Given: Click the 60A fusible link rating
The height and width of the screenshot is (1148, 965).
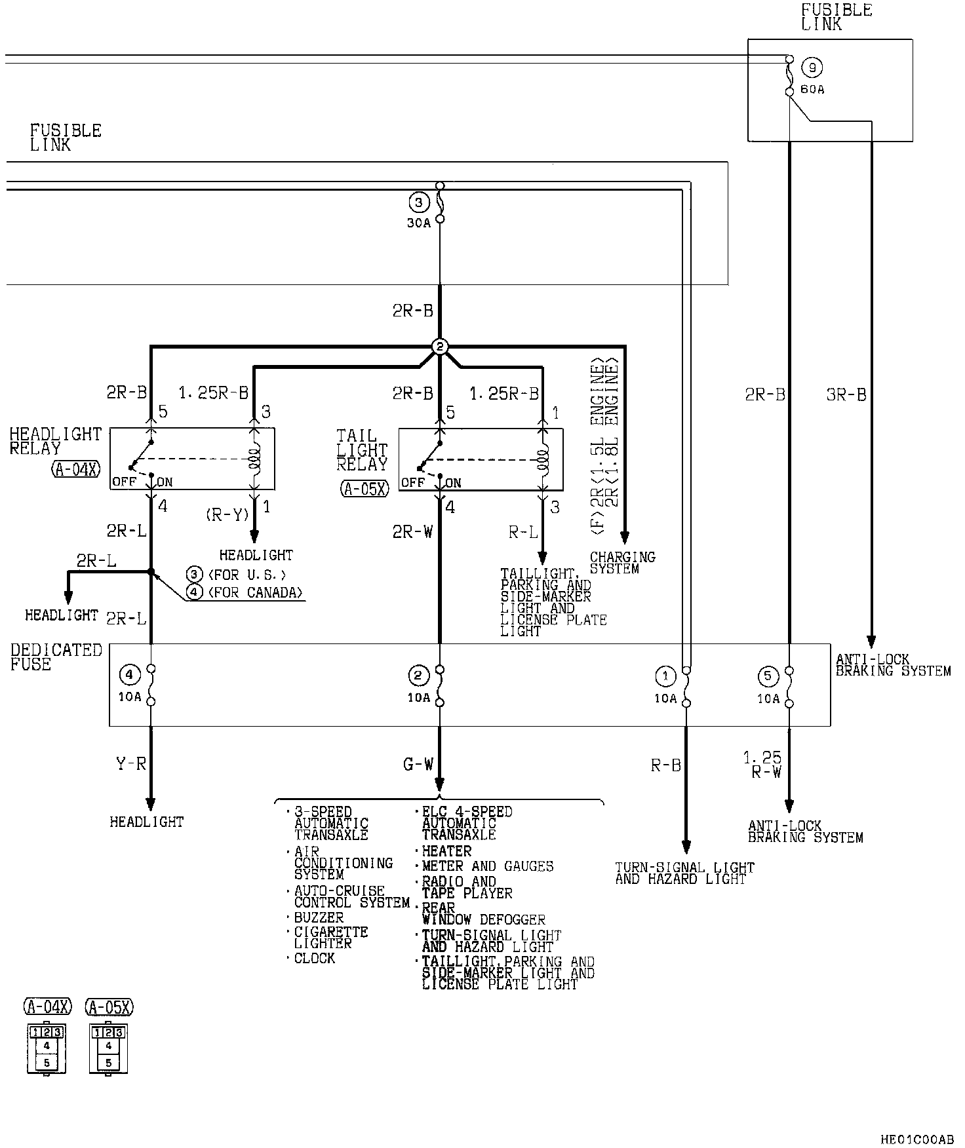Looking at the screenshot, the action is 813,89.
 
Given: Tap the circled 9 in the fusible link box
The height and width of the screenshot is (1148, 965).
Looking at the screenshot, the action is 813,67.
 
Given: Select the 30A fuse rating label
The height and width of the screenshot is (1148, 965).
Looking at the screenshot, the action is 418,223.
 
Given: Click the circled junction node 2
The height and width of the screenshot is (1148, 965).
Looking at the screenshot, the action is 440,347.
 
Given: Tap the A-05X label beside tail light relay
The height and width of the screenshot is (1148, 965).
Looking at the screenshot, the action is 365,488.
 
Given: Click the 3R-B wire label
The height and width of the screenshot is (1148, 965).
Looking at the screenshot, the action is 846,395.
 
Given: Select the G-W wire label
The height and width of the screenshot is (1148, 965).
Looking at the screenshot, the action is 418,764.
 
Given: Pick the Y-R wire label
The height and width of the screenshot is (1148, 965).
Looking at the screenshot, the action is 130,763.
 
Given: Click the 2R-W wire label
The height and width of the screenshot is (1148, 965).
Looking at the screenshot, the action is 413,532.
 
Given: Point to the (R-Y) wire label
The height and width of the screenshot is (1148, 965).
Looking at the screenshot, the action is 227,515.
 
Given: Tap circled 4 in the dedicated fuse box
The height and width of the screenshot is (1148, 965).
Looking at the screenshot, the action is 129,674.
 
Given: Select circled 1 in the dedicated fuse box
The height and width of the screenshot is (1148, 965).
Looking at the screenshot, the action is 665,676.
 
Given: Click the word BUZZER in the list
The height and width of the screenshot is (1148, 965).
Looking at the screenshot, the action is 319,918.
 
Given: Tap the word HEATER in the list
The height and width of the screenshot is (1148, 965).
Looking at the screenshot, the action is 447,851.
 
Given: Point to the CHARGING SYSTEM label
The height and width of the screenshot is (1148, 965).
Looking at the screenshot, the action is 623,563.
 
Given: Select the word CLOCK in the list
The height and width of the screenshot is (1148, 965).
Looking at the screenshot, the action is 315,959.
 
